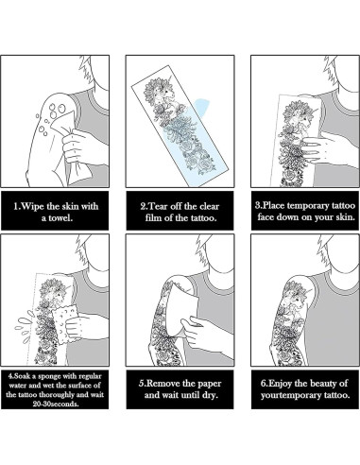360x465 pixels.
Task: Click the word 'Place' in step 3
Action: pyautogui.click(x=277, y=202)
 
